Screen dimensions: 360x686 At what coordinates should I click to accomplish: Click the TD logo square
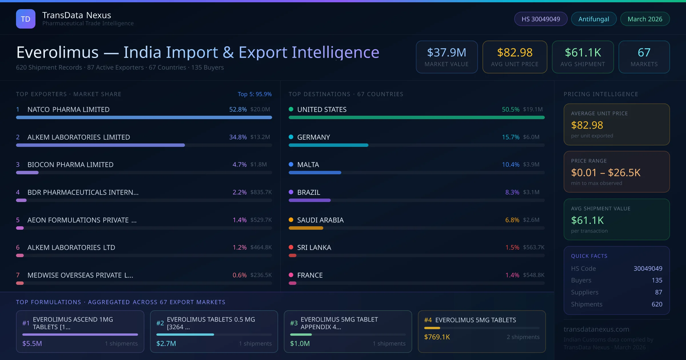point(26,19)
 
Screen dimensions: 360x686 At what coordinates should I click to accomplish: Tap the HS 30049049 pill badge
point(541,19)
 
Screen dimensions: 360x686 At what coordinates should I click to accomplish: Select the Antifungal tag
point(594,19)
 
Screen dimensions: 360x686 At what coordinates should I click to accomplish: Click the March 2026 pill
point(645,19)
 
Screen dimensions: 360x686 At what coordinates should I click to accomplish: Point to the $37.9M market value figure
point(446,53)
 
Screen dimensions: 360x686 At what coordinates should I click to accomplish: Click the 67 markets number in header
point(644,53)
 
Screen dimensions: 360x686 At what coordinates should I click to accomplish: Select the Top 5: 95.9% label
point(254,94)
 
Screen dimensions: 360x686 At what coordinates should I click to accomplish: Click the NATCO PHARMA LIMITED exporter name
point(68,109)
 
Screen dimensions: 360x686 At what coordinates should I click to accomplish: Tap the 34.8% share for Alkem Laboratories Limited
point(238,137)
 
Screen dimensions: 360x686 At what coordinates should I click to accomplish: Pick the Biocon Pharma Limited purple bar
point(27,173)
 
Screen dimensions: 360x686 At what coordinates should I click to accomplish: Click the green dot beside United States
point(291,109)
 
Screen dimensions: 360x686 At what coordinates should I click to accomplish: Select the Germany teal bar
point(328,145)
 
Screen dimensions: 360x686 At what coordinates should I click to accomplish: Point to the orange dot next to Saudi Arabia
point(291,220)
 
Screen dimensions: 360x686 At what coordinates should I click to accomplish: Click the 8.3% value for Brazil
point(512,192)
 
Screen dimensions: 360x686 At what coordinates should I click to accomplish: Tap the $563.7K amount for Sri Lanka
point(533,247)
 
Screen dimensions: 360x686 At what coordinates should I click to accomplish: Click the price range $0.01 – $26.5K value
point(605,173)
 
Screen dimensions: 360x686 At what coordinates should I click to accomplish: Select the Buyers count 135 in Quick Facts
point(657,280)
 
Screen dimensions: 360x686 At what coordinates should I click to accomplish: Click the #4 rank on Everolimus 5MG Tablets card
point(428,320)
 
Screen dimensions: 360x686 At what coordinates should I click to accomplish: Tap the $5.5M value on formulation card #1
point(32,343)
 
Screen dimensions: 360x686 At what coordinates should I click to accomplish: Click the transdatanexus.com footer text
point(596,329)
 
